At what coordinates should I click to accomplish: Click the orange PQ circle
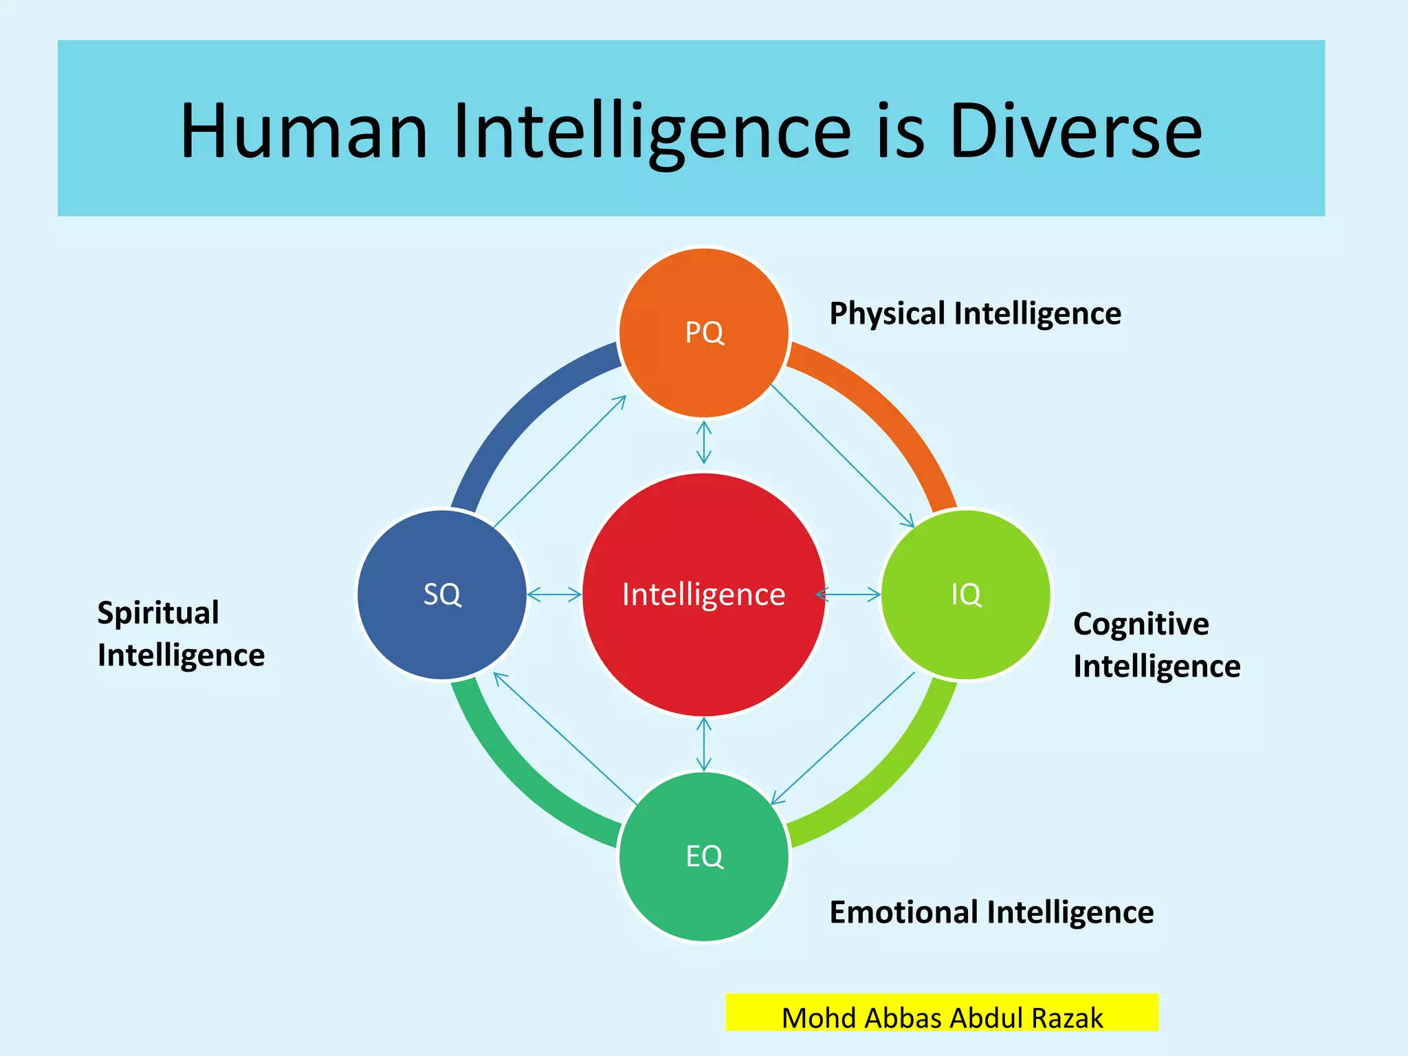(x=704, y=332)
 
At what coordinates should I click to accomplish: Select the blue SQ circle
(x=442, y=595)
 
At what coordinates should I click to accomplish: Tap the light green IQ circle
(x=966, y=595)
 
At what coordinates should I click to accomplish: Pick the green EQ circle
(x=704, y=857)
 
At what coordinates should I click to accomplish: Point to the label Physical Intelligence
(x=975, y=314)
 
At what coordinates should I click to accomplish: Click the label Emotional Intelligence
(x=991, y=913)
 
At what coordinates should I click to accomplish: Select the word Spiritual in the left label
(x=158, y=613)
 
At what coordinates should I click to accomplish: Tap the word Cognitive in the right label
(x=1141, y=624)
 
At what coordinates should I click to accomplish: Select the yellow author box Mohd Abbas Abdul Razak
(x=942, y=1013)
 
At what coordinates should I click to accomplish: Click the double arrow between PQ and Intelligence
(x=704, y=443)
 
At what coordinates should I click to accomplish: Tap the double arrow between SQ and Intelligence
(x=554, y=595)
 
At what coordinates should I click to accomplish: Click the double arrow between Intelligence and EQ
(x=704, y=745)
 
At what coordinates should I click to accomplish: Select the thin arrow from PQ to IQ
(x=842, y=456)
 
